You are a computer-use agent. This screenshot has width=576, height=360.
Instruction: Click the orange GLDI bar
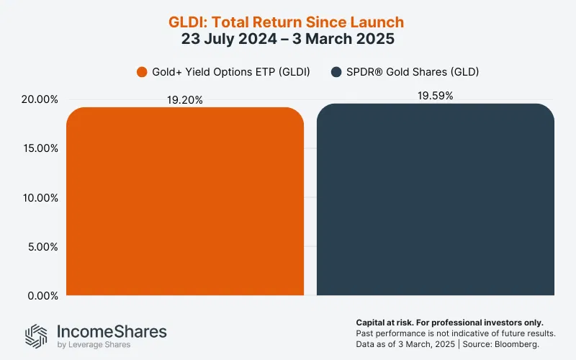coord(185,202)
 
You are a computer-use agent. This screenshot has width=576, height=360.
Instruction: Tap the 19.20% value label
coord(185,100)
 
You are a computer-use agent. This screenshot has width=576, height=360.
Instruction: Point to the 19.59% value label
coord(436,96)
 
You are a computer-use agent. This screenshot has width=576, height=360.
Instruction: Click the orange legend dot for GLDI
coord(141,72)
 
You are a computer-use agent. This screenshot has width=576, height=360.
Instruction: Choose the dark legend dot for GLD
coord(336,72)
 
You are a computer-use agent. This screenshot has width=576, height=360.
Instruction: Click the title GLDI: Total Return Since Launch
coord(288,22)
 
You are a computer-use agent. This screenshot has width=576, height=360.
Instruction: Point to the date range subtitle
coord(288,40)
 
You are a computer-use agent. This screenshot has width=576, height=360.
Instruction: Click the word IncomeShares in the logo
coord(111,331)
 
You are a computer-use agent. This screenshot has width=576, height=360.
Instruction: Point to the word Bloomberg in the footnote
coord(533,345)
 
